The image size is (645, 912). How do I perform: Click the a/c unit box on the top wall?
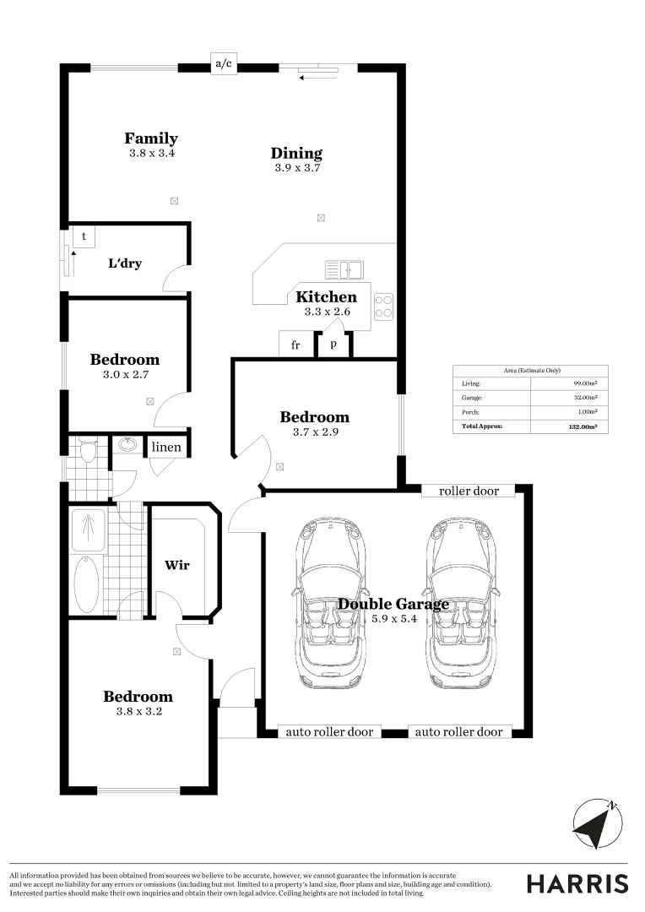223,64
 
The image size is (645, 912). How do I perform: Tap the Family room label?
151,138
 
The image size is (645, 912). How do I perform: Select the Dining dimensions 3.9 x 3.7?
296,168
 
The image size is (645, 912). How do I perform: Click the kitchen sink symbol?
344,269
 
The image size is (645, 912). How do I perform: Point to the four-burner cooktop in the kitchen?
383,306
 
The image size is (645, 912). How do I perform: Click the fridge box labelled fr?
295,345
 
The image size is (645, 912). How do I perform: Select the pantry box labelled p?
333,345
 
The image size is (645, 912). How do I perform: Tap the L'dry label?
125,263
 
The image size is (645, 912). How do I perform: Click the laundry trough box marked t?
84,236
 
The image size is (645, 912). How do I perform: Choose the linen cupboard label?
166,446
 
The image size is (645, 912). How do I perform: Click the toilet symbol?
88,449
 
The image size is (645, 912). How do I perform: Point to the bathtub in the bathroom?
87,584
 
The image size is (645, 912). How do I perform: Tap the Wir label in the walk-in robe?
176,565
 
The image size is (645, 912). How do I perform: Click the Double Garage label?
393,604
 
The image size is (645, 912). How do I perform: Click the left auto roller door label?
330,732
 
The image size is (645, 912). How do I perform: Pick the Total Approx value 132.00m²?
583,426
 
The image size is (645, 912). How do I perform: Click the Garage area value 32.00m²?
586,397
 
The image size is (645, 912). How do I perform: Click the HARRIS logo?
577,883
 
